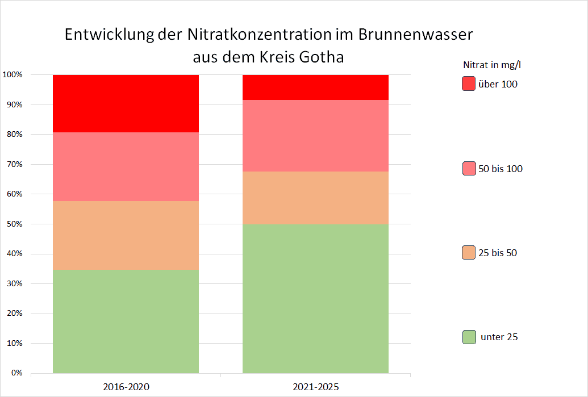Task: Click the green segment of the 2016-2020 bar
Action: (126, 321)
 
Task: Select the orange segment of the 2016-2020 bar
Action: (126, 236)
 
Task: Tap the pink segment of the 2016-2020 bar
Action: (126, 167)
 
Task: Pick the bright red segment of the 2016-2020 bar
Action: (126, 103)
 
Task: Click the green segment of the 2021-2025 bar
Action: (315, 299)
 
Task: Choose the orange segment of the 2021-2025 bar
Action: (315, 198)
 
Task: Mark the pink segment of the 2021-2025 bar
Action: (315, 136)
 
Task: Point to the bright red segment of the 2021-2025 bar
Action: (315, 87)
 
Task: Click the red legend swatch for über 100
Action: (468, 84)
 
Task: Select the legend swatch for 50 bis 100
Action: (468, 169)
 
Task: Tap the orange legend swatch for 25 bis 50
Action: (468, 253)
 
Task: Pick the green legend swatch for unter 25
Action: (468, 337)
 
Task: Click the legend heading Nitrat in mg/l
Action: (492, 64)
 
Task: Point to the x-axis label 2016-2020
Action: (126, 387)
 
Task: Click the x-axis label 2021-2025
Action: (315, 387)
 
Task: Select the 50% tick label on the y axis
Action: (14, 224)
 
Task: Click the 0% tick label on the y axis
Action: (16, 373)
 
